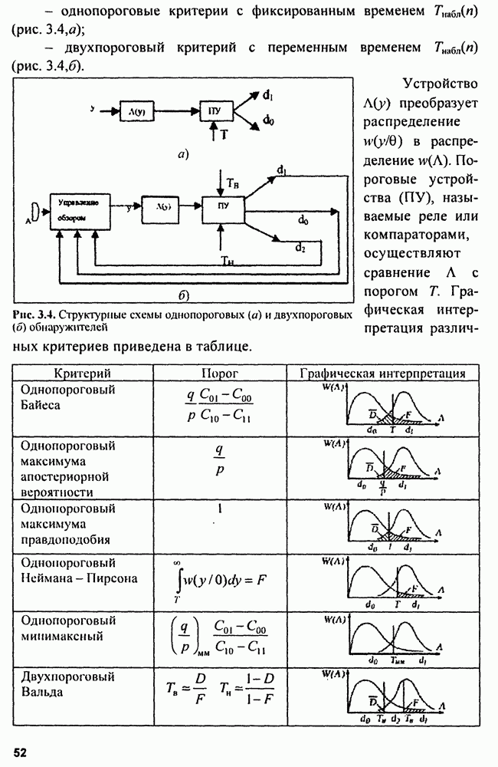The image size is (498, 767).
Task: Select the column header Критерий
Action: coord(82,374)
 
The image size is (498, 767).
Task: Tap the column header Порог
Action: coord(220,374)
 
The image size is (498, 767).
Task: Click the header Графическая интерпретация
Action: coord(383,374)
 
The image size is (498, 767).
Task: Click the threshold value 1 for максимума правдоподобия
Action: coord(220,508)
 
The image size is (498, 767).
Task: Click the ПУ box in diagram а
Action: coord(215,111)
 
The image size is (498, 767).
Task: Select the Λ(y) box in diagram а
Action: coord(139,111)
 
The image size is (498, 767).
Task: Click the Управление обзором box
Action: coord(80,209)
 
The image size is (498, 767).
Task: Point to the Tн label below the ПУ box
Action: coord(227,261)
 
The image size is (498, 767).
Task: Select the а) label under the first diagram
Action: coord(182,154)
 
